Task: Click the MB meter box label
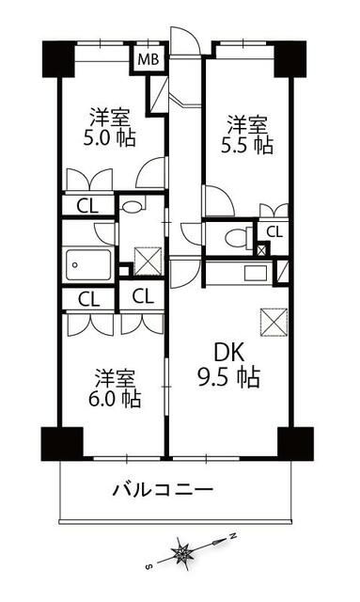pyautogui.click(x=149, y=60)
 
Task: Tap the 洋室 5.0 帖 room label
pyautogui.click(x=110, y=128)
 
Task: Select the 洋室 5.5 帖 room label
pyautogui.click(x=247, y=135)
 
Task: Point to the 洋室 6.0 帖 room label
pyautogui.click(x=115, y=388)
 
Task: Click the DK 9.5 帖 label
pyautogui.click(x=229, y=365)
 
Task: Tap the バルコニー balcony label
pyautogui.click(x=163, y=489)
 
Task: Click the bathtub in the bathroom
pyautogui.click(x=89, y=264)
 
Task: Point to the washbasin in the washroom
pyautogui.click(x=132, y=205)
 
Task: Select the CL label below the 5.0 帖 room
pyautogui.click(x=88, y=207)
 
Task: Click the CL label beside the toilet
pyautogui.click(x=274, y=232)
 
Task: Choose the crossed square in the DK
pyautogui.click(x=274, y=323)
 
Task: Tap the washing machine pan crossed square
pyautogui.click(x=148, y=261)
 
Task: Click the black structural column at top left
pyautogui.click(x=58, y=59)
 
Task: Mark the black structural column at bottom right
pyautogui.click(x=295, y=443)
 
